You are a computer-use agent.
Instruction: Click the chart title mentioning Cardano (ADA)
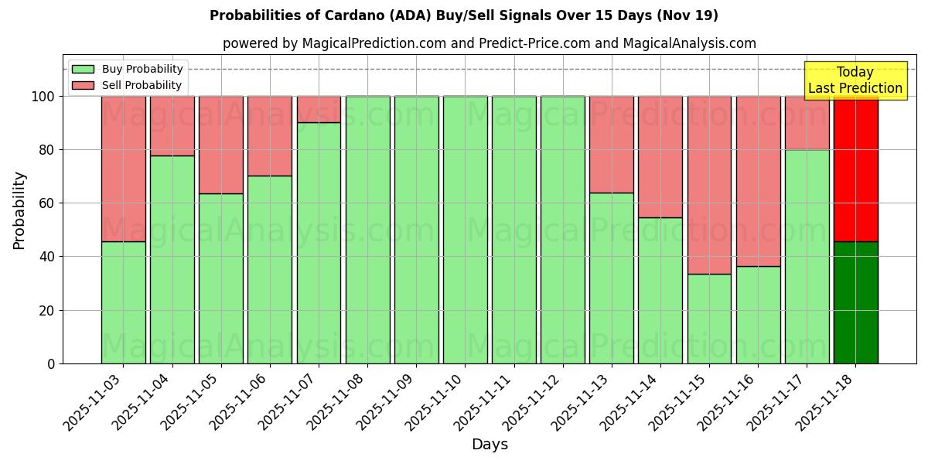point(463,15)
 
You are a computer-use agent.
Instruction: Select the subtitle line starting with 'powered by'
point(489,43)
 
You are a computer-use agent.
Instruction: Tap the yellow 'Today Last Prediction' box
point(855,80)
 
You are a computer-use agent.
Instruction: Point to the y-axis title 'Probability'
point(19,210)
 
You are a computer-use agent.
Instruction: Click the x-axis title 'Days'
point(490,445)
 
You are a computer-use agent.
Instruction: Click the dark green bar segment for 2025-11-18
point(855,302)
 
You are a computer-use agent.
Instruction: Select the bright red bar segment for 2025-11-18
point(855,169)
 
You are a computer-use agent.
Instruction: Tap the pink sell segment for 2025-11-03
point(123,169)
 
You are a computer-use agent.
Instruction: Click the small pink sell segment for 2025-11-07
point(319,109)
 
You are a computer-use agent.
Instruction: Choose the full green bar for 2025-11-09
point(416,230)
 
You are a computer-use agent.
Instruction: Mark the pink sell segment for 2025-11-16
point(758,181)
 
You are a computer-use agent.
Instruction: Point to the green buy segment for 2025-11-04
point(172,259)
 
